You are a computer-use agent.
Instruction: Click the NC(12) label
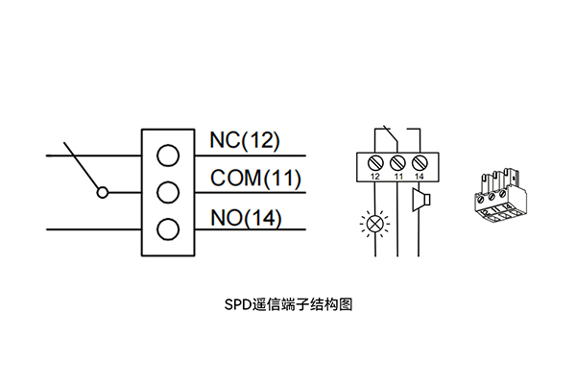[x=245, y=141]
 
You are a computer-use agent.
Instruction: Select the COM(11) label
[x=255, y=180]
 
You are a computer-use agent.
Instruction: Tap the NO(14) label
[x=246, y=218]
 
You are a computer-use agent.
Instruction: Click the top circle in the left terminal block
[x=168, y=155]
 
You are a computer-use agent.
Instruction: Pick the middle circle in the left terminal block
[x=168, y=192]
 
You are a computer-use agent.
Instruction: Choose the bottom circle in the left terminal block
[x=168, y=229]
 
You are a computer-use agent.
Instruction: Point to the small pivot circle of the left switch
[x=102, y=192]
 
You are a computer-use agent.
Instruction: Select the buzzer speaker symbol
[x=418, y=203]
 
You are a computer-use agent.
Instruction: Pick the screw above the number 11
[x=396, y=161]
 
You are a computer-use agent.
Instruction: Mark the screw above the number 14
[x=419, y=161]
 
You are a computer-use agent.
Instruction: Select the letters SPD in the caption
[x=237, y=305]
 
